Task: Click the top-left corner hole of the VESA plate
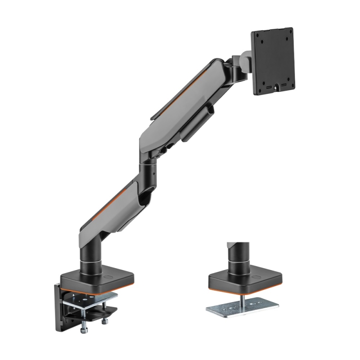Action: tap(256, 36)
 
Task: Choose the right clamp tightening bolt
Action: tap(105, 321)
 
